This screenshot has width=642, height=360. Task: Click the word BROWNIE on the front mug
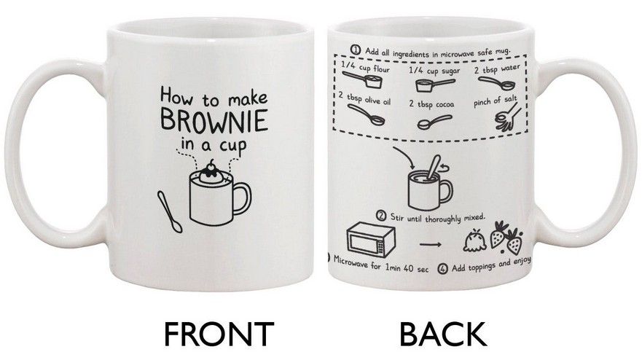click(214, 120)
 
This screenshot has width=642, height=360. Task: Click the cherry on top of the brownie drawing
click(211, 165)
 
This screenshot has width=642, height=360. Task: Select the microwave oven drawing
click(371, 240)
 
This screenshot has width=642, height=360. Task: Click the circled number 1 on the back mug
click(355, 50)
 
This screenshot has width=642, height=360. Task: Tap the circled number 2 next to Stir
click(381, 216)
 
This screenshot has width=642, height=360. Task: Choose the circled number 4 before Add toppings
click(442, 269)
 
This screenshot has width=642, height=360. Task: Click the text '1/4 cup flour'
click(365, 68)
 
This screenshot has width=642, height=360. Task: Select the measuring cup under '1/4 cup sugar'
click(435, 85)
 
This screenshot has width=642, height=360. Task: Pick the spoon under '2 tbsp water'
click(497, 84)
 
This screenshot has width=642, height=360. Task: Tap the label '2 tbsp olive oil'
click(364, 98)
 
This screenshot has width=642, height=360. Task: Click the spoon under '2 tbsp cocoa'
click(434, 122)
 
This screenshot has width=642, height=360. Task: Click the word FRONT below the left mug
click(219, 334)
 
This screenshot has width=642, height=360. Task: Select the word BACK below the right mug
click(443, 334)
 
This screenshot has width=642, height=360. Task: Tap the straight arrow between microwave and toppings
click(431, 245)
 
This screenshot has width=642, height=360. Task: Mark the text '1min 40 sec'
click(407, 267)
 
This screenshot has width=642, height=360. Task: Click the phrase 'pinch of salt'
click(496, 101)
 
